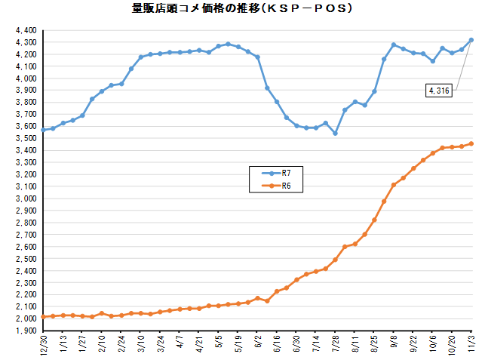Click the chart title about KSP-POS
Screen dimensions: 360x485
click(x=242, y=10)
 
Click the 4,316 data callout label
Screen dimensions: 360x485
click(x=438, y=91)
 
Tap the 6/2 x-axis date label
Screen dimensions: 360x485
click(x=258, y=343)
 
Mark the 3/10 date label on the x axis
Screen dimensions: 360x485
click(x=141, y=344)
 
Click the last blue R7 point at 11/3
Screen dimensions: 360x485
click(x=471, y=40)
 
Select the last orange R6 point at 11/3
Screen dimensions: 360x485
click(x=471, y=143)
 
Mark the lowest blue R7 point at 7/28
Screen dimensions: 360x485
click(x=335, y=134)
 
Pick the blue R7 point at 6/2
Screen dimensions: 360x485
click(x=258, y=57)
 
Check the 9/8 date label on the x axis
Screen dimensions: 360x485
click(x=394, y=343)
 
